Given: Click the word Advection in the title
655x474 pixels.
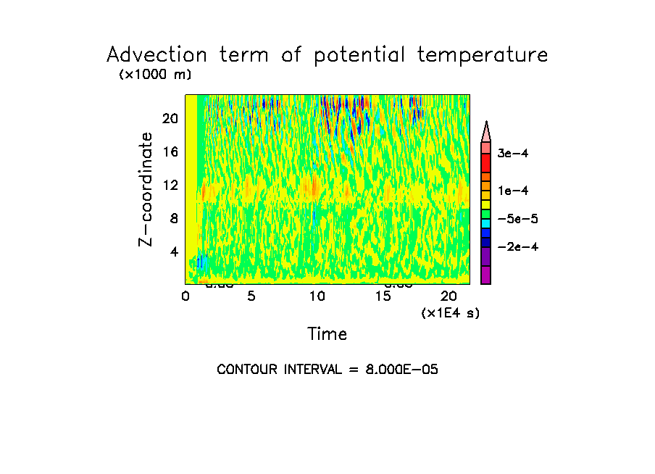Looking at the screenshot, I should point(151,56).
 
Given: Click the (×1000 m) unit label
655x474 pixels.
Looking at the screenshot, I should point(154,75).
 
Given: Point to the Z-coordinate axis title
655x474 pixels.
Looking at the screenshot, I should point(146,189).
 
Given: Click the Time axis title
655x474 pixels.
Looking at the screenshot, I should point(327,334).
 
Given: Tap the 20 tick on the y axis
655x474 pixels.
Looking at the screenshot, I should point(170,119).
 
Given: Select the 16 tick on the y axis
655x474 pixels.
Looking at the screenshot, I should point(170,152).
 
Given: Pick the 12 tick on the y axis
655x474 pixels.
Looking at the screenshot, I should point(170,186).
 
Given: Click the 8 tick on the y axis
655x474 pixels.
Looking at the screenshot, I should point(173,218).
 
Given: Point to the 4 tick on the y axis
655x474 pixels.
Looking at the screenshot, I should point(173,252).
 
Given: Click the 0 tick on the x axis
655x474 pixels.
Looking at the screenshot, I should point(185,296).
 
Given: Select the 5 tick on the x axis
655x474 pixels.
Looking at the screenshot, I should point(251,296).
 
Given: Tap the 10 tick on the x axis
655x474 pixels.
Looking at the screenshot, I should point(317,296).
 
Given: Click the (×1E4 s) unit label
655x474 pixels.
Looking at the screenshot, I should point(450,313).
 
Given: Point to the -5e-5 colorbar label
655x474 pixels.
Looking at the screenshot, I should point(517,219).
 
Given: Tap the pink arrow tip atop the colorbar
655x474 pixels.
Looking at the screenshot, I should point(486,130).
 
